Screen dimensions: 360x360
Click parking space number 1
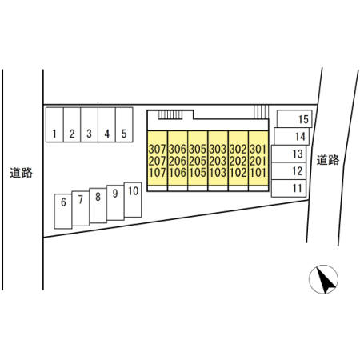[x=54, y=125]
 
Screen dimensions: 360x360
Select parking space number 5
[x=124, y=125]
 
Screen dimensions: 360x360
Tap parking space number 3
[x=90, y=125]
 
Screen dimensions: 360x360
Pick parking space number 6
[x=63, y=211]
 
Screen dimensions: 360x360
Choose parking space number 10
[x=133, y=200]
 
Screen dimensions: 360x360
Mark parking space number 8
[x=98, y=206]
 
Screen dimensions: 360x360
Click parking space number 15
[x=294, y=118]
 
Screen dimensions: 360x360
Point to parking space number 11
[x=289, y=188]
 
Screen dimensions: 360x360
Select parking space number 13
[x=289, y=154]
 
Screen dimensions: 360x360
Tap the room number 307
[x=158, y=149]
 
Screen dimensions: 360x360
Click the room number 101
[x=258, y=173]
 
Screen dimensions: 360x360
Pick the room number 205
[x=198, y=161]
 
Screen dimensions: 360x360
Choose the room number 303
[x=218, y=149]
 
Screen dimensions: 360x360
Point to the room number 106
[x=178, y=173]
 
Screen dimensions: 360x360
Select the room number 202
[x=238, y=161]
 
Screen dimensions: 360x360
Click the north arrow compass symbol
[x=323, y=279]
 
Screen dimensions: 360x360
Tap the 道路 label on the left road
[x=22, y=173]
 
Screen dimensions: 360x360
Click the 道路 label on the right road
[x=328, y=160]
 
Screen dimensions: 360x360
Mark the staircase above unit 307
[x=170, y=115]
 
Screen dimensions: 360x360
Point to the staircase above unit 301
[x=261, y=112]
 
